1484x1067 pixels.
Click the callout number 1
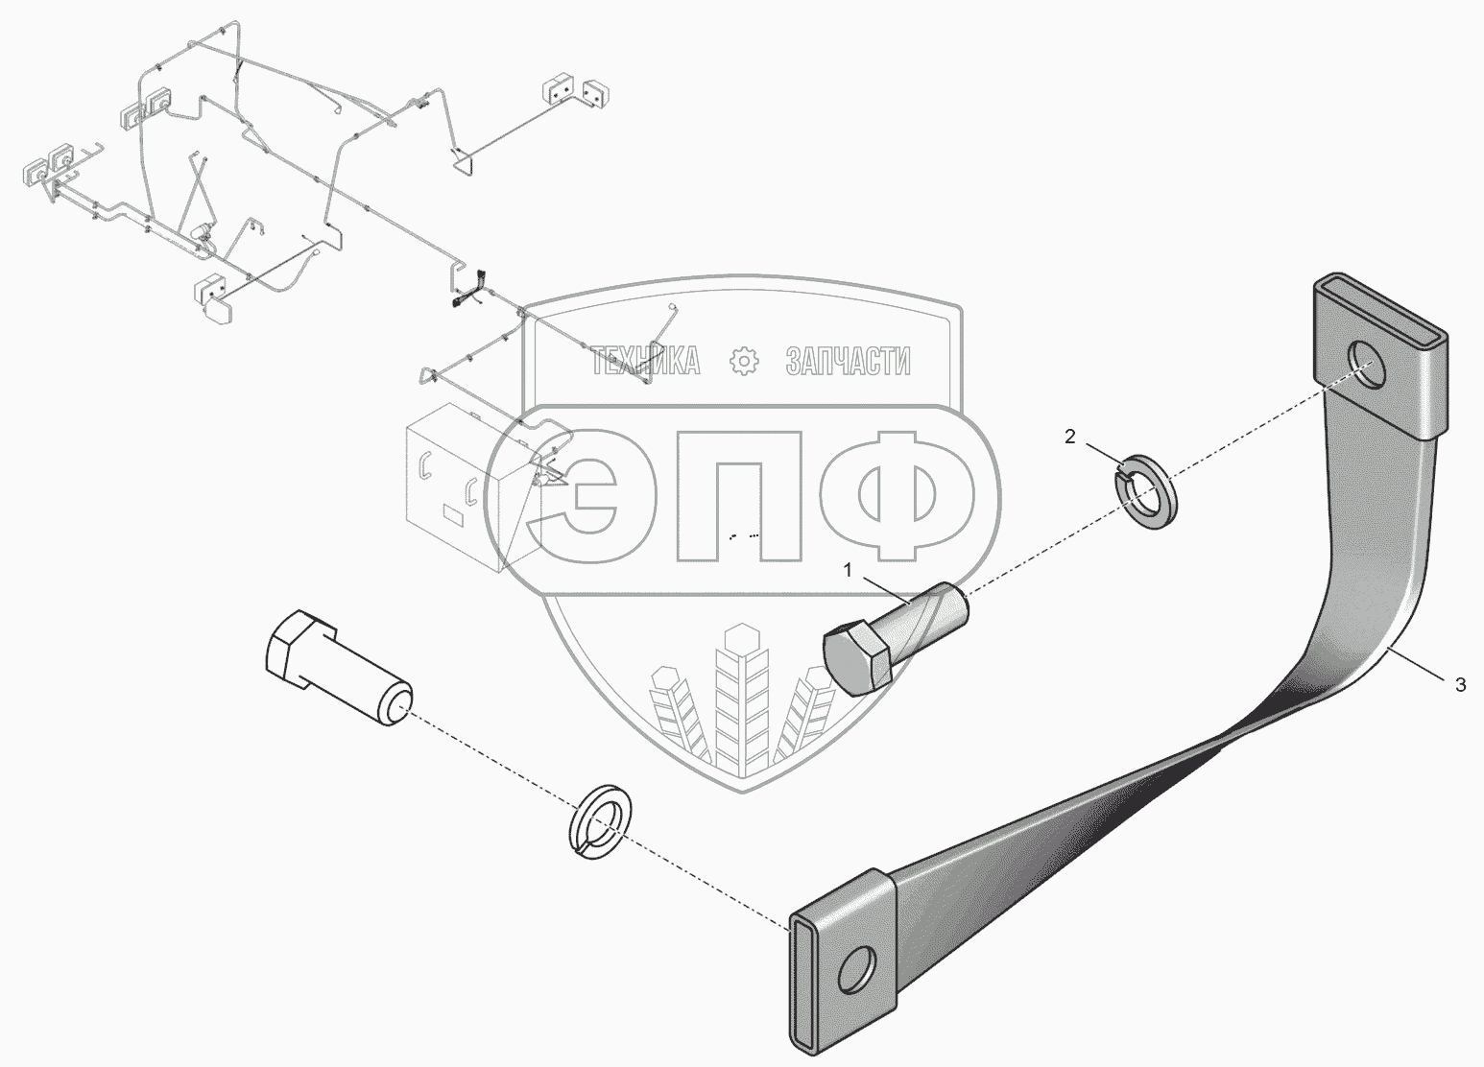coord(848,570)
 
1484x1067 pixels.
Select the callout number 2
coord(1070,437)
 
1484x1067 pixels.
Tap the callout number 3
coord(1460,685)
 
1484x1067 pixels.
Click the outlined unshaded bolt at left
coord(337,666)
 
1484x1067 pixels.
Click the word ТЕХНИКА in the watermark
coord(645,362)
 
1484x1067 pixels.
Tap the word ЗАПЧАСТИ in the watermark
coord(848,362)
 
